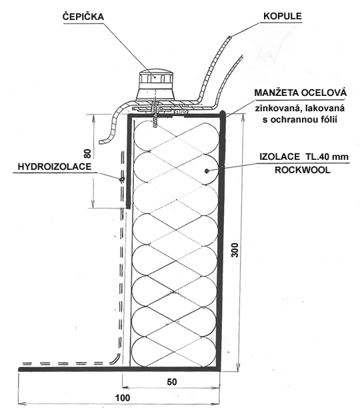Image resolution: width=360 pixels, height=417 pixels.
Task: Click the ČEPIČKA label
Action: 83,17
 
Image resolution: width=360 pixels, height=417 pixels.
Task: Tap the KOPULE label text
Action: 283,16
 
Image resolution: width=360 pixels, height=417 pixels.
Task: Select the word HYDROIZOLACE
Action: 55,167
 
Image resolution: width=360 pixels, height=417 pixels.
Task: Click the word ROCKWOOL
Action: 303,170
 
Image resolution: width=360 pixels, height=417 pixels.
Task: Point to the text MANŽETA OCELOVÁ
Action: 301,93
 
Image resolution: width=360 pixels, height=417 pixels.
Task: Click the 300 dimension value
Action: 235,250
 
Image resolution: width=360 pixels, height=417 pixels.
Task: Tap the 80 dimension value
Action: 87,153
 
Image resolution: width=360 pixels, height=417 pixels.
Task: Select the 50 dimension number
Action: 172,382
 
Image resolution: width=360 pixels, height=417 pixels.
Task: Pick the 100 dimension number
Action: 123,398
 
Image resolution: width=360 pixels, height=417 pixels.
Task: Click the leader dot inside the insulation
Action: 207,171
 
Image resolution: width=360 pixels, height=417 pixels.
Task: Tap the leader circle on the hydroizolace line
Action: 122,179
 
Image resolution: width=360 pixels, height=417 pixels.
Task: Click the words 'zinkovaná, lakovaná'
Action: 300,109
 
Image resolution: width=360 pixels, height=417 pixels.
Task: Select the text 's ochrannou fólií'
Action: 300,120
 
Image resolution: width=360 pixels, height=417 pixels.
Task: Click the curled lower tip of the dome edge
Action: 101,141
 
